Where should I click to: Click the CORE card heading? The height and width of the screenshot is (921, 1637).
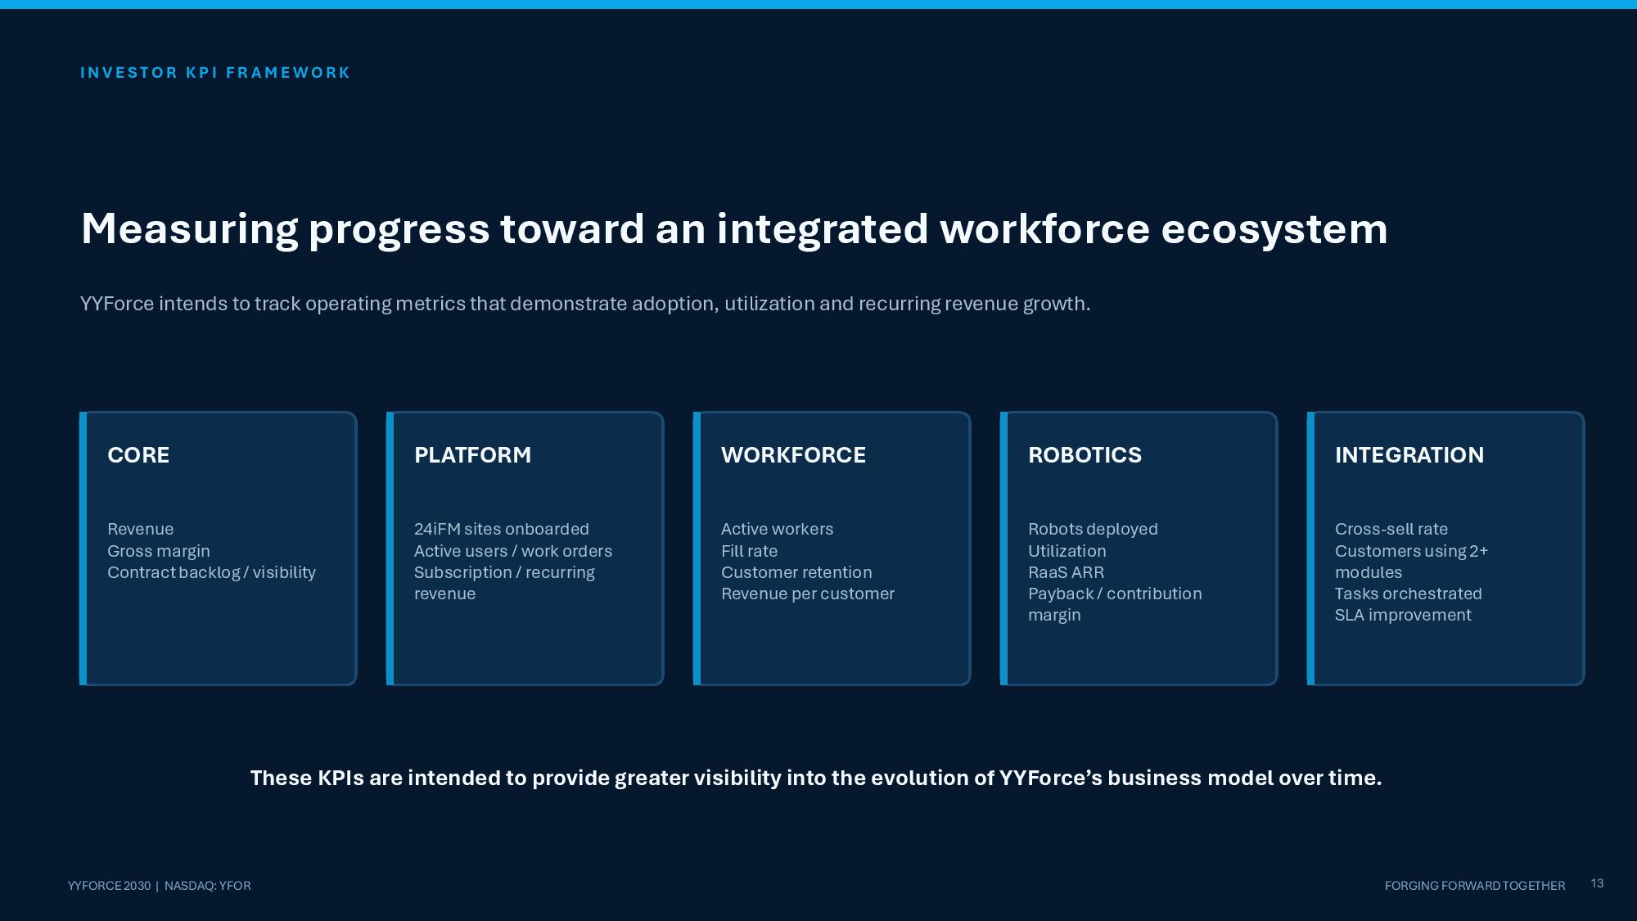coord(138,455)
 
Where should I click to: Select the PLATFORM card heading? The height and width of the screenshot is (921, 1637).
coord(472,455)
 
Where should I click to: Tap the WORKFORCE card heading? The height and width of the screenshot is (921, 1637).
coord(793,455)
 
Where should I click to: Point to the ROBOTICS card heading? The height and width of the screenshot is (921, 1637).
coord(1085,455)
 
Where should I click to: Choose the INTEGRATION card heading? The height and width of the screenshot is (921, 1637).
coord(1409,455)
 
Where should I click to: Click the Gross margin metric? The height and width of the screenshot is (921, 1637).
coord(159,551)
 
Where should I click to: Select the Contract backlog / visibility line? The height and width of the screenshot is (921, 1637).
coord(211,572)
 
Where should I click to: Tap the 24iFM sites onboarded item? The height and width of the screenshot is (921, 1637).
coord(502,529)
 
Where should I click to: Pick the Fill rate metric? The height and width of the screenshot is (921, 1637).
coord(749,551)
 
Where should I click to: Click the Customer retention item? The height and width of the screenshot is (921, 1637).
coord(796,572)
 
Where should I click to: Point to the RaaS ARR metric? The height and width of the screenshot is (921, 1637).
coord(1066,572)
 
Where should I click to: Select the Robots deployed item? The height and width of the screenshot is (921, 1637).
coord(1093,529)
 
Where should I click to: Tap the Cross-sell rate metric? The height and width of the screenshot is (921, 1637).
coord(1391,529)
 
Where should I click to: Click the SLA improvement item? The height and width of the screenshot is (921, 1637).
coord(1403,615)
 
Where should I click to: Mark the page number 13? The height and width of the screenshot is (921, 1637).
coord(1597,883)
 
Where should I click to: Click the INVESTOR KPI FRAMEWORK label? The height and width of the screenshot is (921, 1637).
coord(215,73)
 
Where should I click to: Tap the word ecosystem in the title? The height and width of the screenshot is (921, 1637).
coord(1274,229)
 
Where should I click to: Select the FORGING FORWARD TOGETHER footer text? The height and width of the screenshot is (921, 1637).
coord(1475,886)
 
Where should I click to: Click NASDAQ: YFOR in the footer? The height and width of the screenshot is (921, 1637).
coord(207,886)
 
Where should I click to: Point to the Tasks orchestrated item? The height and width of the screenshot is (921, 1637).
coord(1409,594)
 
